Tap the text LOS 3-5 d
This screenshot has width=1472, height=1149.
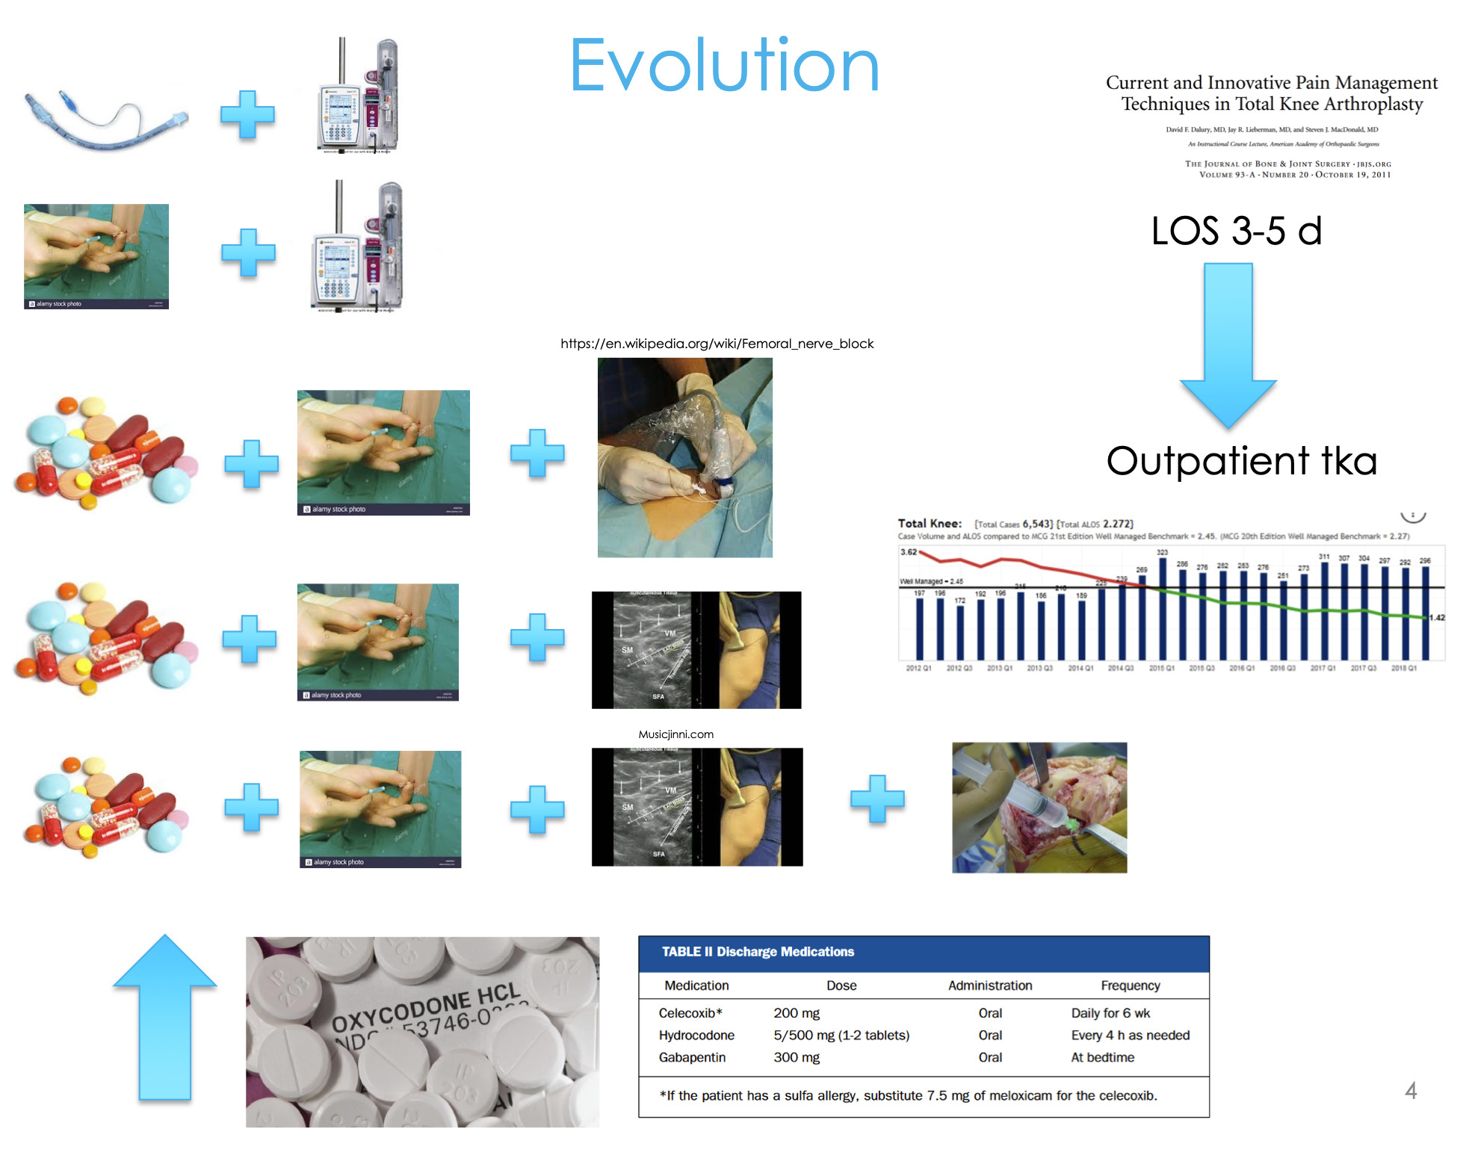click(1237, 231)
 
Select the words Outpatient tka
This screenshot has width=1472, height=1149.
click(1241, 461)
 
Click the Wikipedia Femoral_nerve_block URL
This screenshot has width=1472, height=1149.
click(717, 344)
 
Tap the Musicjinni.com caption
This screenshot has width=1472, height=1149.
click(675, 734)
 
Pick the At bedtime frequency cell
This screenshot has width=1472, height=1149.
click(1102, 1057)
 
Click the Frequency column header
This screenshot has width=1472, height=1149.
click(1130, 985)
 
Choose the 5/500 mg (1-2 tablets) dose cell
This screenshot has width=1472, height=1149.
click(841, 1035)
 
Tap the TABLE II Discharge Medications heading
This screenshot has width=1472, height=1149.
click(758, 952)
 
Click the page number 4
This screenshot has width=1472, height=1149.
click(1410, 1091)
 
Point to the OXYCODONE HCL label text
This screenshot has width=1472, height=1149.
click(426, 1009)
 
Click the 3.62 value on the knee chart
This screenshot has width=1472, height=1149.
click(908, 552)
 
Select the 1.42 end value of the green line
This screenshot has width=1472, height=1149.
click(1437, 618)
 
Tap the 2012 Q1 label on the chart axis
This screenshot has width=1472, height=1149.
click(918, 669)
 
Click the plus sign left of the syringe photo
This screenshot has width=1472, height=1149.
click(877, 799)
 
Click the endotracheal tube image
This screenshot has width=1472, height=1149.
click(105, 120)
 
